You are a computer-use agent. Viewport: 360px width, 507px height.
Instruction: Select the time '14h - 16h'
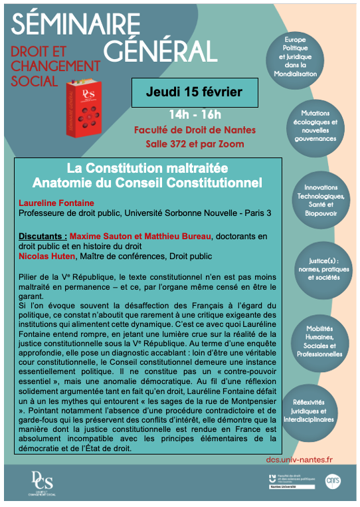195,114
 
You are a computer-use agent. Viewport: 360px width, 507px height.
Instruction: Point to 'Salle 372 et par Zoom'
195,144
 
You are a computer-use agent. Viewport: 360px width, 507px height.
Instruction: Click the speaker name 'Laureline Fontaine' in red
56,203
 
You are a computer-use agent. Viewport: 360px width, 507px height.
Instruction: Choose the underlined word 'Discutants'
43,236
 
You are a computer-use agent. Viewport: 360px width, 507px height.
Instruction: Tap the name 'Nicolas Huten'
50,256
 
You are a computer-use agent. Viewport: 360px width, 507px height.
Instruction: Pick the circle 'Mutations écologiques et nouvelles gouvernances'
319,126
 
